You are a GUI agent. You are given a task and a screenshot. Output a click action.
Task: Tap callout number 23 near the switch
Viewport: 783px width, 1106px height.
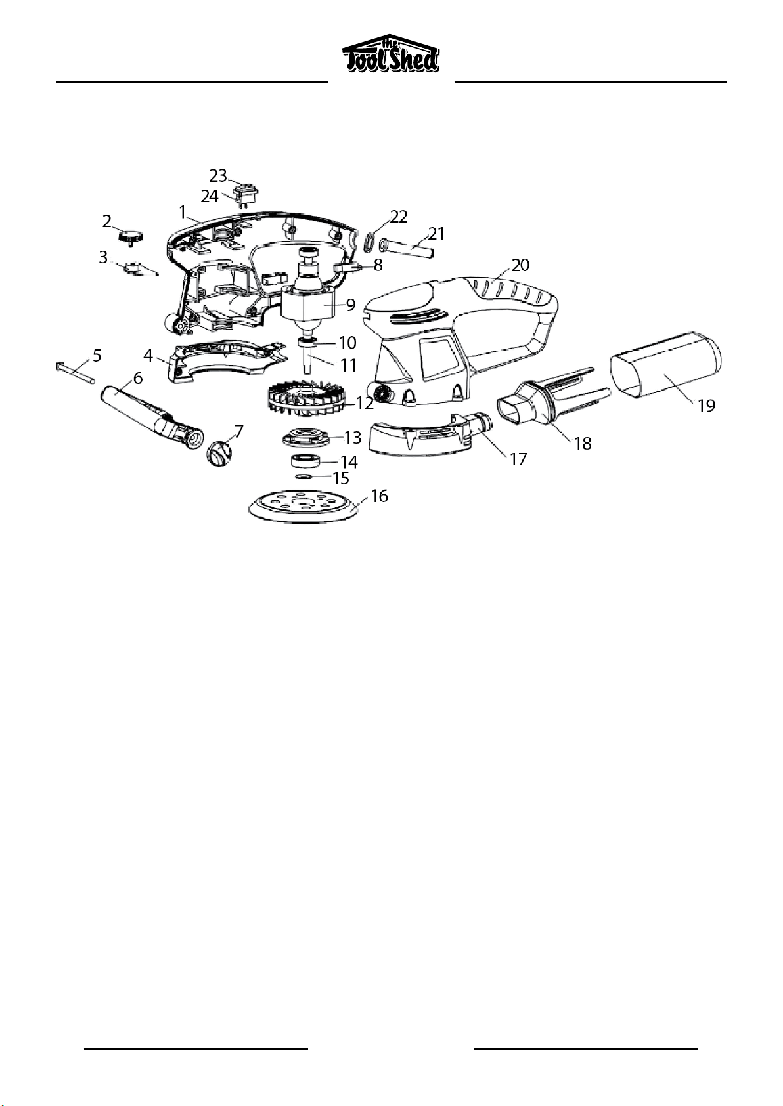[218, 175]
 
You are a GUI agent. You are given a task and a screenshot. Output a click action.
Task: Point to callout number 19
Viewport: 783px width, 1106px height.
[706, 406]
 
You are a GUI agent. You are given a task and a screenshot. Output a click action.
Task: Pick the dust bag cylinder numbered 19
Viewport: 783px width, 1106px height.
[667, 364]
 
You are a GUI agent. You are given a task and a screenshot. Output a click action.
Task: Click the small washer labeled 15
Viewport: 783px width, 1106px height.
[302, 477]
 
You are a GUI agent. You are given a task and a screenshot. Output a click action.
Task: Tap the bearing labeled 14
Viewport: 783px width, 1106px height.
[304, 461]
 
